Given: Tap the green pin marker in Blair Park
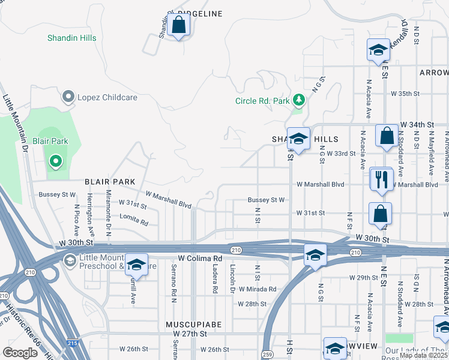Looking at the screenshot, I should tap(55, 161).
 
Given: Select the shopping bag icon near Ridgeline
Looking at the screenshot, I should tap(178, 26).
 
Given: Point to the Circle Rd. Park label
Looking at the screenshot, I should tap(263, 100).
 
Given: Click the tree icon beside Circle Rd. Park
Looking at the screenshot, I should tap(298, 100).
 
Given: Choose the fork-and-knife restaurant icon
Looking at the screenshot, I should tap(381, 178).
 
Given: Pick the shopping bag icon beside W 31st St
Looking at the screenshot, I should tap(380, 214).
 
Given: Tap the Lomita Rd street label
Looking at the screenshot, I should tap(134, 220).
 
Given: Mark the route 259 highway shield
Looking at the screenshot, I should tap(267, 355).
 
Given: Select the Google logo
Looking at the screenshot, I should tap(20, 353).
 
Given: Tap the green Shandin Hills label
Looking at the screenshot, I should tap(72, 38).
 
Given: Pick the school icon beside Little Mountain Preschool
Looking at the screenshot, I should tap(137, 265).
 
